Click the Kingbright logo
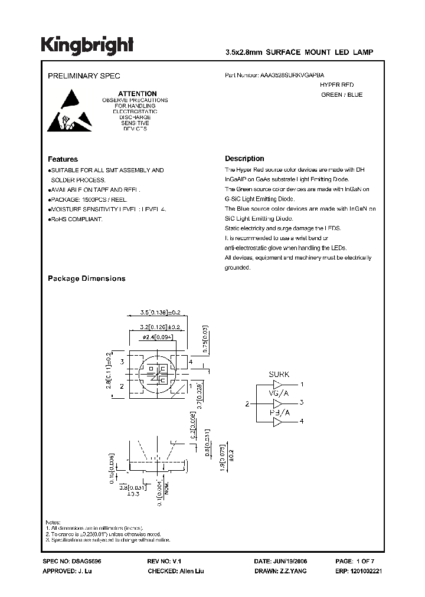(x=87, y=45)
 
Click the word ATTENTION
(x=137, y=94)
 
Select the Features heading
(x=63, y=159)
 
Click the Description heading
(x=244, y=159)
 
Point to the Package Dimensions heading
(x=86, y=278)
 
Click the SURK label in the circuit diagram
(x=279, y=375)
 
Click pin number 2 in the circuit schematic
(x=247, y=404)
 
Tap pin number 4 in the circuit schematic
(x=302, y=421)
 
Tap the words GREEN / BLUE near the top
(x=342, y=95)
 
